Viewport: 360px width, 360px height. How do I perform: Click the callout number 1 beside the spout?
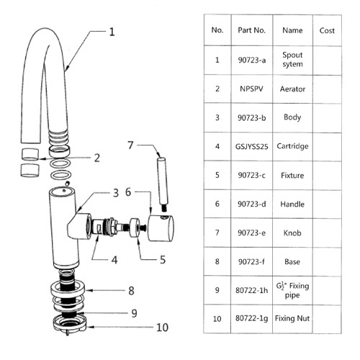pos(112,32)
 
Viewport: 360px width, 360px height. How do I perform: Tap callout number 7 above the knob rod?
pos(130,145)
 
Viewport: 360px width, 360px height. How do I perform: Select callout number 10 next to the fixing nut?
pos(162,328)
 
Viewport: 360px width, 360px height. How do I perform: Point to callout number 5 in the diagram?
pos(163,260)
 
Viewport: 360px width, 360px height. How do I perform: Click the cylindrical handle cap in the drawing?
pos(161,228)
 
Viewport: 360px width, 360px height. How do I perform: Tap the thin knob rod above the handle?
pos(163,184)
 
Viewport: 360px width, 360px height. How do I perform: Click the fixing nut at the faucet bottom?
pos(69,324)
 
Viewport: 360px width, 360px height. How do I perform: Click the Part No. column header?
pos(251,30)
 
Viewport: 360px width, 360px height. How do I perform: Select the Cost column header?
pos(327,30)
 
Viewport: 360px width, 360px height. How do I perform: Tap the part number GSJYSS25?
pos(251,146)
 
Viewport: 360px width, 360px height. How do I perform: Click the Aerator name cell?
pos(292,89)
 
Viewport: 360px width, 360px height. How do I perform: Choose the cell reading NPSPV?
pos(251,89)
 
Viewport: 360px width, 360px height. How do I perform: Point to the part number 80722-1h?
pos(251,290)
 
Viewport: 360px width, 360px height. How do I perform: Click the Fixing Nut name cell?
pos(292,319)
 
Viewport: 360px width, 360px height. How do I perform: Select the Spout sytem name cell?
pos(292,60)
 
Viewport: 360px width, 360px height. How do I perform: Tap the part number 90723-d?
pos(252,204)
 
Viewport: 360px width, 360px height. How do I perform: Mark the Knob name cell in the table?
pos(292,233)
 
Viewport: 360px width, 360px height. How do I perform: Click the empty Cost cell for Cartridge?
pos(327,147)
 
